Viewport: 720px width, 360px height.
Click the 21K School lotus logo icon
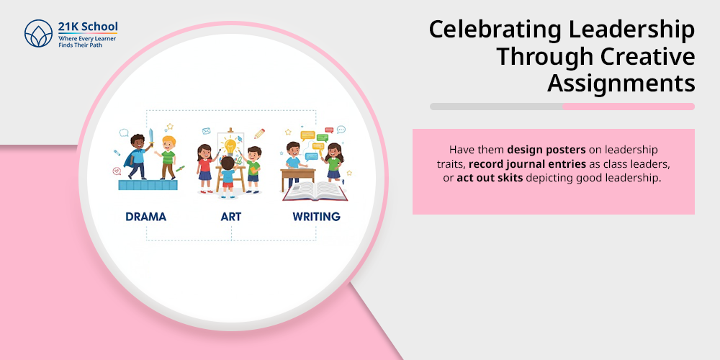click(39, 34)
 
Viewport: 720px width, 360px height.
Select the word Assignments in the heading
click(621, 84)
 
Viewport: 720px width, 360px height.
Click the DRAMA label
click(146, 216)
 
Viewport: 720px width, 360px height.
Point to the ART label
click(231, 216)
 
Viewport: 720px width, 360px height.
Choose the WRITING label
click(316, 216)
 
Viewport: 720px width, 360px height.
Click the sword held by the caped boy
click(150, 138)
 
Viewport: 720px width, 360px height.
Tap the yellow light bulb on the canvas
click(230, 147)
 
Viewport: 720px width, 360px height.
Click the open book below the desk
click(315, 191)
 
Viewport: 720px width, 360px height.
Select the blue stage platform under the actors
click(148, 185)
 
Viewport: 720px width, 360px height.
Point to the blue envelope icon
click(206, 131)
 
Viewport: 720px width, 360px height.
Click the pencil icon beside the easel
click(259, 134)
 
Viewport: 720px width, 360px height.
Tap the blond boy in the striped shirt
click(168, 158)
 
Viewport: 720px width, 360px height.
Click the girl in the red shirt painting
click(205, 168)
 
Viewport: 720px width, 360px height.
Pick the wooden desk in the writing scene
click(297, 179)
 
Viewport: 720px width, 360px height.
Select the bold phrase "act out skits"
click(490, 178)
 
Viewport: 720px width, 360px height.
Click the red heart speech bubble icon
click(117, 171)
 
